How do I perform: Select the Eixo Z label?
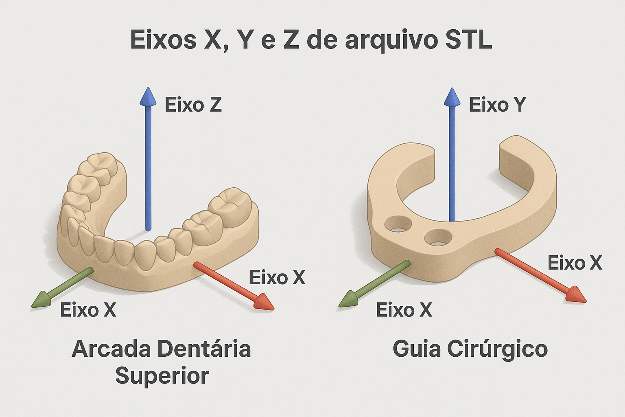[x=193, y=105]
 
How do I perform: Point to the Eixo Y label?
[x=497, y=105]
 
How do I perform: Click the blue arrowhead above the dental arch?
[x=148, y=97]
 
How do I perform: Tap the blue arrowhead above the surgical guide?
[x=452, y=97]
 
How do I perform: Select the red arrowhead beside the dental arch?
[x=263, y=304]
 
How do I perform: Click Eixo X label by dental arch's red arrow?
[x=277, y=278]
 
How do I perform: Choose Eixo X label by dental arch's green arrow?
[x=88, y=310]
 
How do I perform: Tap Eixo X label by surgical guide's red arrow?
[x=575, y=263]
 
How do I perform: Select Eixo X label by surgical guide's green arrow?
[x=404, y=310]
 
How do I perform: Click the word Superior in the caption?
[x=162, y=376]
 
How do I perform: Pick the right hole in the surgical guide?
[x=437, y=237]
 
